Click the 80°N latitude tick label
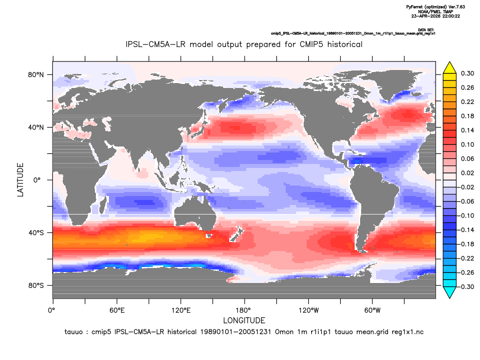pyautogui.click(x=36, y=75)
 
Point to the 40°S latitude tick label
pyautogui.click(x=36, y=233)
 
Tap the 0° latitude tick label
pyautogui.click(x=37, y=180)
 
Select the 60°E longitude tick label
pyautogui.click(x=117, y=310)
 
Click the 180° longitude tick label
pyautogui.click(x=245, y=310)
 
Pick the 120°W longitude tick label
pyautogui.click(x=309, y=310)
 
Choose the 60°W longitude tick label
pyautogui.click(x=373, y=310)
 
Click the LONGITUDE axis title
pyautogui.click(x=244, y=320)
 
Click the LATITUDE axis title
pyautogui.click(x=20, y=180)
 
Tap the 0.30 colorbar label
pyautogui.click(x=468, y=73)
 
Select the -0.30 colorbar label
pyautogui.click(x=466, y=287)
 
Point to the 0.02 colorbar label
pyautogui.click(x=468, y=173)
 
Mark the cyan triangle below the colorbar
pyautogui.click(x=450, y=292)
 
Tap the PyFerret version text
pyautogui.click(x=436, y=7)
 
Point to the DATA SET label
pyautogui.click(x=426, y=30)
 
